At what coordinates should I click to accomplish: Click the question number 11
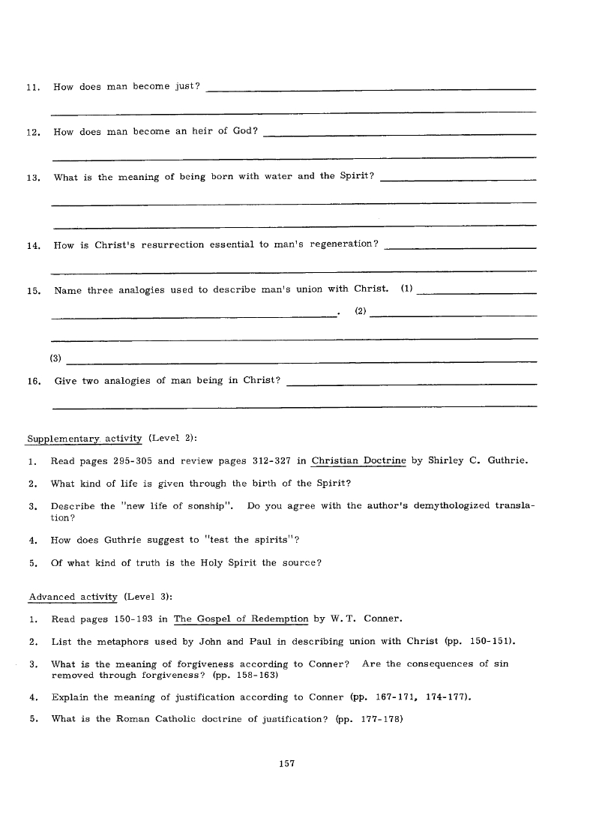31,88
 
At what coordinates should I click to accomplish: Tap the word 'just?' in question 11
187,87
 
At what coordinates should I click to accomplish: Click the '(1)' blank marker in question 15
407,289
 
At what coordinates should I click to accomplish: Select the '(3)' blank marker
55,358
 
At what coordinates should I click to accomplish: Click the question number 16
33,381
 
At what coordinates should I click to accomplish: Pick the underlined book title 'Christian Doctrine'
358,461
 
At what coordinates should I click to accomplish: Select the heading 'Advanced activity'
73,597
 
